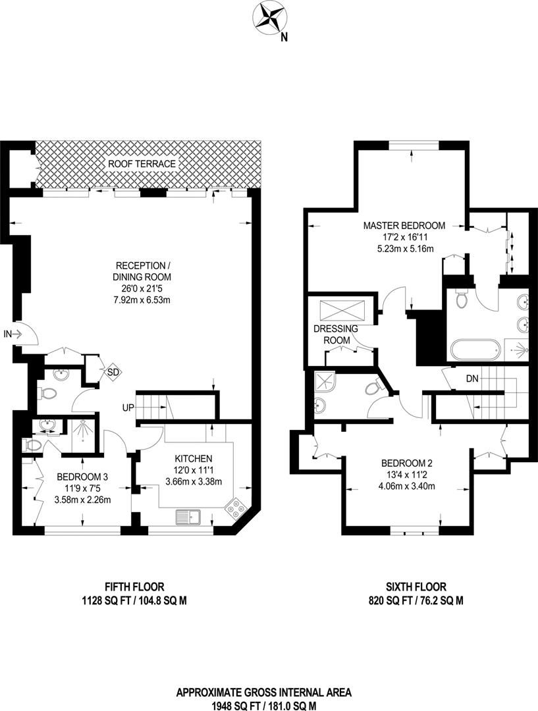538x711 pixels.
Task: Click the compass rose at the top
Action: tap(270, 18)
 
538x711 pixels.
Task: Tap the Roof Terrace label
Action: tap(142, 164)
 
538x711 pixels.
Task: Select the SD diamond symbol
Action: tap(113, 372)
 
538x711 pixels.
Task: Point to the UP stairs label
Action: tap(128, 408)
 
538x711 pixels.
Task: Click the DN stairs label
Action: tap(472, 378)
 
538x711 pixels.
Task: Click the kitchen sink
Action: tap(188, 517)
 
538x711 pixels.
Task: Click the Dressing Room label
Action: tap(336, 334)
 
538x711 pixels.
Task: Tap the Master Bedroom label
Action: tap(404, 225)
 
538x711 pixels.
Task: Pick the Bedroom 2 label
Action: tap(407, 463)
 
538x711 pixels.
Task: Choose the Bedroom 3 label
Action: tap(82, 477)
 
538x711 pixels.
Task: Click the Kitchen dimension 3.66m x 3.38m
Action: tap(194, 481)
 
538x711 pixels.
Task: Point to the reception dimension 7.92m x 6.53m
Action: tap(142, 300)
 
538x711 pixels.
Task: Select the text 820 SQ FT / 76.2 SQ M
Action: tap(416, 601)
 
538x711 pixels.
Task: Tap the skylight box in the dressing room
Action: tap(343, 311)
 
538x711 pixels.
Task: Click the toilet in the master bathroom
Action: tap(462, 298)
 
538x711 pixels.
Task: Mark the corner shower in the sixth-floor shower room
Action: tap(323, 383)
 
